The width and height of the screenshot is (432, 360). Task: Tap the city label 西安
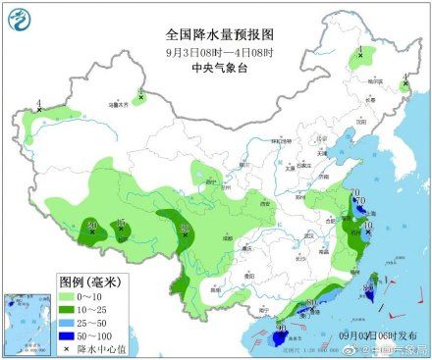237,203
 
